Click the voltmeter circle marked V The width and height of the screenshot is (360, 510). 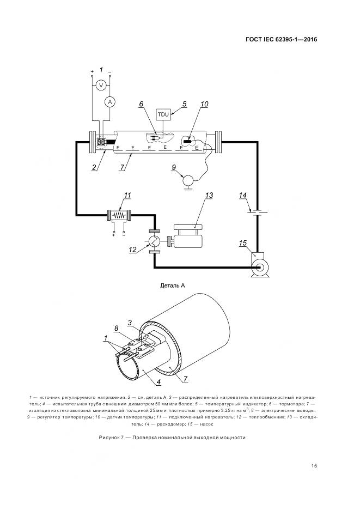(100, 85)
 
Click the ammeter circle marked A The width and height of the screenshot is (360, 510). (109, 101)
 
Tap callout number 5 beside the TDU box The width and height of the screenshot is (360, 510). (184, 104)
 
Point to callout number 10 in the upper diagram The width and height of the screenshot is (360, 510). (204, 104)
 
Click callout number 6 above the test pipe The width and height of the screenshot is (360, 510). (141, 104)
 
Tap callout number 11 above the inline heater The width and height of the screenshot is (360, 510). (127, 196)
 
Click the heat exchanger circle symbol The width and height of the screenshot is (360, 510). (155, 240)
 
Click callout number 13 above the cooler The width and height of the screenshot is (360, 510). (209, 195)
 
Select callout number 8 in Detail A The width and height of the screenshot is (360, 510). (116, 328)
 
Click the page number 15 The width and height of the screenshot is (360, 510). (314, 465)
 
